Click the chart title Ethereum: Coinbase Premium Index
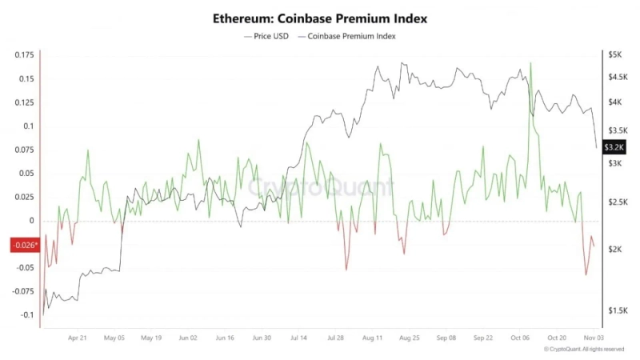tap(320, 17)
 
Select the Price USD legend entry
tap(268, 36)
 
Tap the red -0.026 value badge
tap(24, 245)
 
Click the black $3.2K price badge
tap(614, 146)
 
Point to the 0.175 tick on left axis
tap(24, 55)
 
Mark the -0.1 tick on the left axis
tap(27, 314)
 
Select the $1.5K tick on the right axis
tap(616, 310)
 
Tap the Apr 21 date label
tap(78, 338)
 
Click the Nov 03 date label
tap(593, 338)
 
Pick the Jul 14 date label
tap(298, 338)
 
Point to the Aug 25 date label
tap(409, 338)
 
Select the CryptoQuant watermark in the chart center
tap(320, 187)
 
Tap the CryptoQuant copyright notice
tap(584, 350)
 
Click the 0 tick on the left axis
tap(32, 221)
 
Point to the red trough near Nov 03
tap(586, 274)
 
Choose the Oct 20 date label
tap(557, 338)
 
